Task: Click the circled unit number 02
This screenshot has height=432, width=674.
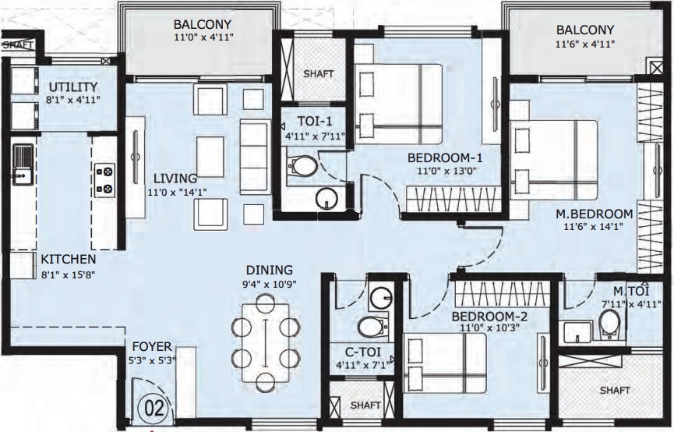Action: tap(154, 407)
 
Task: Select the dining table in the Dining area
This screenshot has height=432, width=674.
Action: tap(266, 342)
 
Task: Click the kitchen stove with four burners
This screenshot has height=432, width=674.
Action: tap(104, 180)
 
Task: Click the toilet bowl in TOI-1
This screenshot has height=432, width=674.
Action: tap(302, 165)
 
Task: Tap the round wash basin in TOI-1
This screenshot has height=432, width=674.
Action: tap(327, 199)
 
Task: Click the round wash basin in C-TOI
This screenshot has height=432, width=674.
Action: tap(380, 297)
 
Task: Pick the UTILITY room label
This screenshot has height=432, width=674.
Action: tap(73, 86)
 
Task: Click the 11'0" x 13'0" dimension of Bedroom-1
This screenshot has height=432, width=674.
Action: tap(441, 171)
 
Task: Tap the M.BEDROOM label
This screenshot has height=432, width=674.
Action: tap(593, 214)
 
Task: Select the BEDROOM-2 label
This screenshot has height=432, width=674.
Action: tap(490, 316)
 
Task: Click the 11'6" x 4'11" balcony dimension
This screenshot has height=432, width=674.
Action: tap(585, 44)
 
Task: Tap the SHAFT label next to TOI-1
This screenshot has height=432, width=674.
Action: tap(318, 74)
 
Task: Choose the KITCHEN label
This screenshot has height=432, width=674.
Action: tap(69, 259)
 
